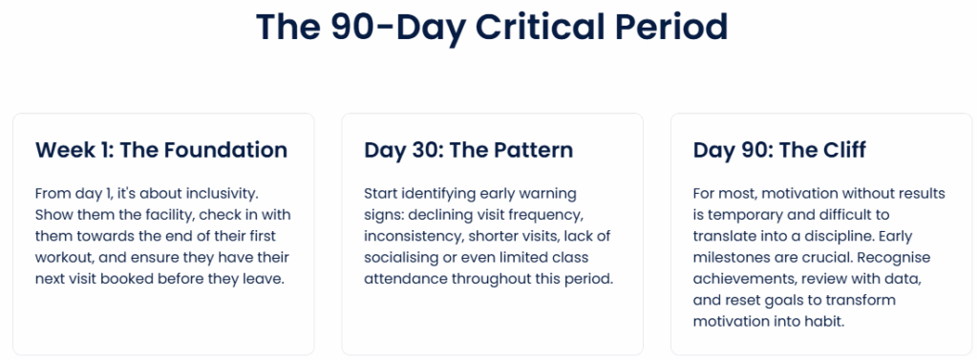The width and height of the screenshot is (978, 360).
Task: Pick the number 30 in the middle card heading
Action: pyautogui.click(x=418, y=150)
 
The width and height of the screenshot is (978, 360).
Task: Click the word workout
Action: pyautogui.click(x=61, y=258)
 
